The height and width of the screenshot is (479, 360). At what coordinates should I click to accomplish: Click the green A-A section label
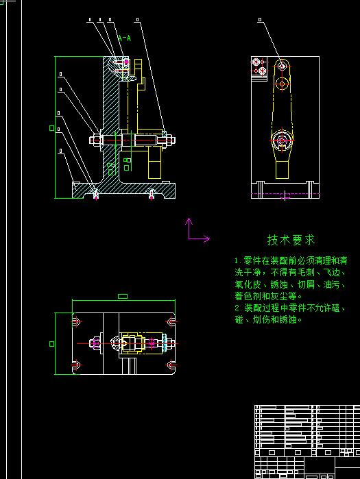(x=124, y=38)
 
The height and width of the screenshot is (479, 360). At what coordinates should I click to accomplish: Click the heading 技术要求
(x=291, y=240)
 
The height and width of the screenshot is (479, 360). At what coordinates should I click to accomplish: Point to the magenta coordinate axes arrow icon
(x=196, y=231)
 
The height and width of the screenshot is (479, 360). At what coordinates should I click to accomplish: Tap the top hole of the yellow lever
(x=281, y=66)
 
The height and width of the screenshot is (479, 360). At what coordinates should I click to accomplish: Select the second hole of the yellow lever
(x=281, y=84)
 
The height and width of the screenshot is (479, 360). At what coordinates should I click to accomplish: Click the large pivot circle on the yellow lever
(x=280, y=141)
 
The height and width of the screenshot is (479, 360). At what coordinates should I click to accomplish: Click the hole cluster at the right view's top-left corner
(x=259, y=66)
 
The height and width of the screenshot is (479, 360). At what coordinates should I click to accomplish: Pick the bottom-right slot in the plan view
(x=169, y=364)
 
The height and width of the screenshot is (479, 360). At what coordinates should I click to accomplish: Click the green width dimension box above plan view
(x=123, y=296)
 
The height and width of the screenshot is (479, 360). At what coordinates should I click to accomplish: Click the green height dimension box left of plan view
(x=52, y=343)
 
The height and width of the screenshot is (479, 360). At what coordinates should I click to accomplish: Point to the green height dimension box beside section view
(x=52, y=127)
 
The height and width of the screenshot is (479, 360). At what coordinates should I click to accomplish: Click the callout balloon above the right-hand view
(x=259, y=21)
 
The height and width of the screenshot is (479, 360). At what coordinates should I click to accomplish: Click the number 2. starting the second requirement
(x=238, y=308)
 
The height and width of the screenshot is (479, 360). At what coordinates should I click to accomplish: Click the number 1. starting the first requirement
(x=238, y=261)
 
